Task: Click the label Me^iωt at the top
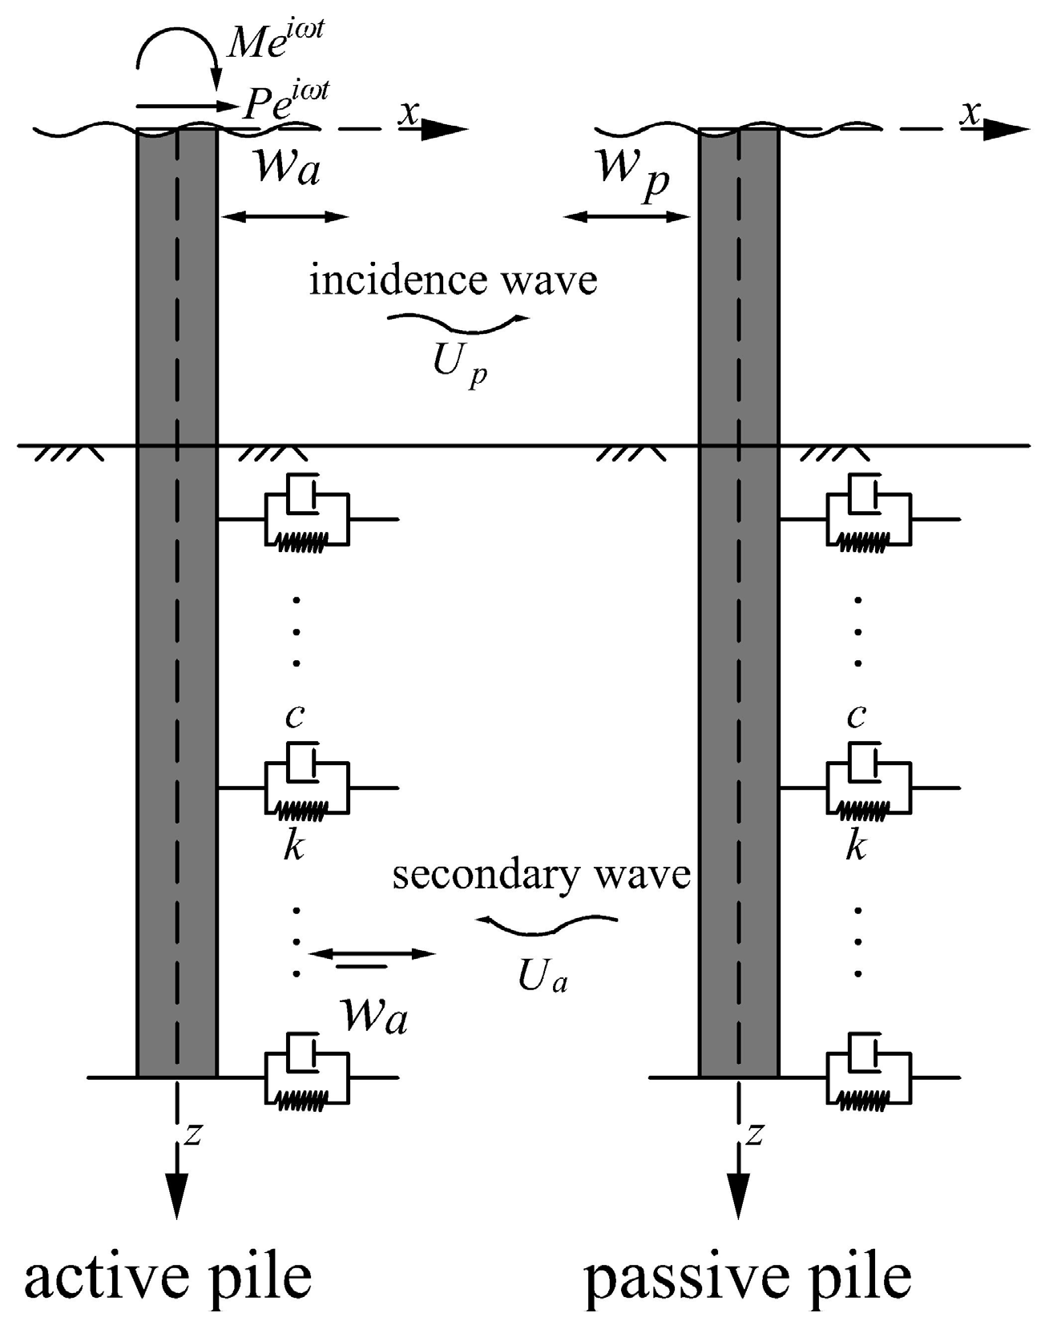pos(274,42)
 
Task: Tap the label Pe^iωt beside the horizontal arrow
pos(285,102)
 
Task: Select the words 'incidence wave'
pos(454,280)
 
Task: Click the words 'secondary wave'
pos(541,875)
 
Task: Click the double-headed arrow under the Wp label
pos(627,216)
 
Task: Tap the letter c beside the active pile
pos(295,715)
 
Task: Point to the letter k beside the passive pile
pos(856,845)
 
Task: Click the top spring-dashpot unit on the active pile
pos(308,519)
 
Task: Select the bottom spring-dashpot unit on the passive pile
pos(869,1077)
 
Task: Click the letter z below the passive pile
pos(753,1134)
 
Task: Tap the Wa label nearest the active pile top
pos(287,169)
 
